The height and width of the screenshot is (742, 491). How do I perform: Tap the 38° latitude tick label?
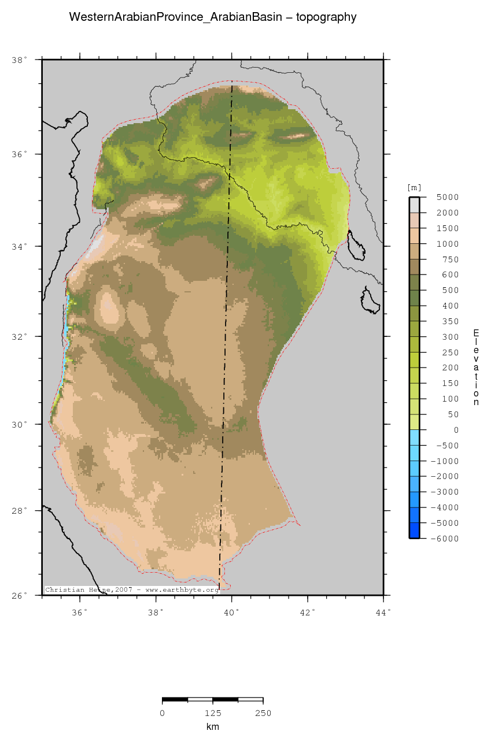pyautogui.click(x=19, y=60)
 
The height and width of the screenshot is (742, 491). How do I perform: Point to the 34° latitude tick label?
pyautogui.click(x=19, y=247)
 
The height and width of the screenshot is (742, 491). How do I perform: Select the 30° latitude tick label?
pyautogui.click(x=19, y=424)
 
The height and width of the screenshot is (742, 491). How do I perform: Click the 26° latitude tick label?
pyautogui.click(x=19, y=595)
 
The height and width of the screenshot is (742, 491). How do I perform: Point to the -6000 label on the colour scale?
pyautogui.click(x=431, y=539)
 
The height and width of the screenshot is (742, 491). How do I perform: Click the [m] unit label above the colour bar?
pyautogui.click(x=414, y=187)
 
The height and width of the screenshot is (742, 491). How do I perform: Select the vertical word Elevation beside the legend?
pyautogui.click(x=476, y=368)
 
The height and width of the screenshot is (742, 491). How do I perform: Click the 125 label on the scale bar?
pyautogui.click(x=213, y=713)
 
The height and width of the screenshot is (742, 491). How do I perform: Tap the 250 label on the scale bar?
pyautogui.click(x=263, y=713)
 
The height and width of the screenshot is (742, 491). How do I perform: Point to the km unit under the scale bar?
pyautogui.click(x=213, y=726)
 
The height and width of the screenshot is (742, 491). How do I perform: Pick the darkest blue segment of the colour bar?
pyautogui.click(x=414, y=530)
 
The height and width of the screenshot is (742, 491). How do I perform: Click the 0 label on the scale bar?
pyautogui.click(x=163, y=713)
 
